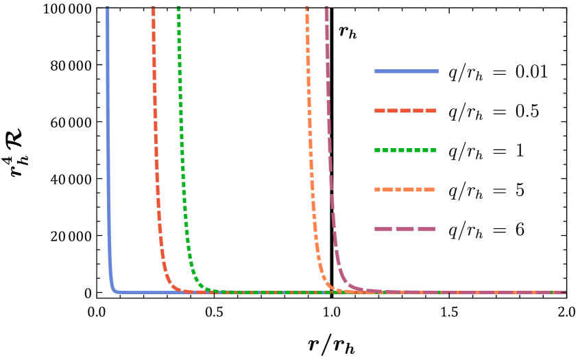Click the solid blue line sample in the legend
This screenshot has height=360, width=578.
click(x=406, y=71)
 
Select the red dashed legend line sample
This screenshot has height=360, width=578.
click(x=405, y=110)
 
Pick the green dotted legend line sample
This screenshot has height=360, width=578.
click(x=405, y=150)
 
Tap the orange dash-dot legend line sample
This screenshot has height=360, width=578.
click(x=405, y=190)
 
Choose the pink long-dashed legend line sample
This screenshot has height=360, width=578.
click(x=405, y=229)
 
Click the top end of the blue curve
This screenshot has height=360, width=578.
click(x=107, y=8)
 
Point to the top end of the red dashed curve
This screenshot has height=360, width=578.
click(x=153, y=8)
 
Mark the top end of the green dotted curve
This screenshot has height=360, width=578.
click(x=178, y=8)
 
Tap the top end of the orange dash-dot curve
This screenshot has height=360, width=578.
click(x=306, y=8)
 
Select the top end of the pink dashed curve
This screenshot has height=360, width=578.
click(x=326, y=8)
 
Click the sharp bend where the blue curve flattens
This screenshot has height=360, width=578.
click(x=114, y=290)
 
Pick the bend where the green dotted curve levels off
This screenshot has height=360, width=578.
click(x=200, y=286)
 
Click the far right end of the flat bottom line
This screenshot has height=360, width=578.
click(x=565, y=293)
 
